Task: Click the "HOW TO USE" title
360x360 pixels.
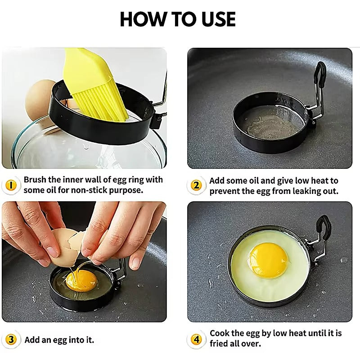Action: point(178,19)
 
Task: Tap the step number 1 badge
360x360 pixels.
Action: point(12,185)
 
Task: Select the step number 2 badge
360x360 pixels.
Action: point(196,185)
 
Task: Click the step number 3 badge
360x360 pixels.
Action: point(12,340)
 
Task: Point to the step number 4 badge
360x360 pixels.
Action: point(196,340)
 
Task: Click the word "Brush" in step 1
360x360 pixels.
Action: point(35,180)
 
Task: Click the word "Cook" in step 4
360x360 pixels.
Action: point(220,333)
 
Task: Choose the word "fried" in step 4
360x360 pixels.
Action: point(220,344)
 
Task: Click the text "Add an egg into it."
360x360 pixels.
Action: point(59,340)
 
